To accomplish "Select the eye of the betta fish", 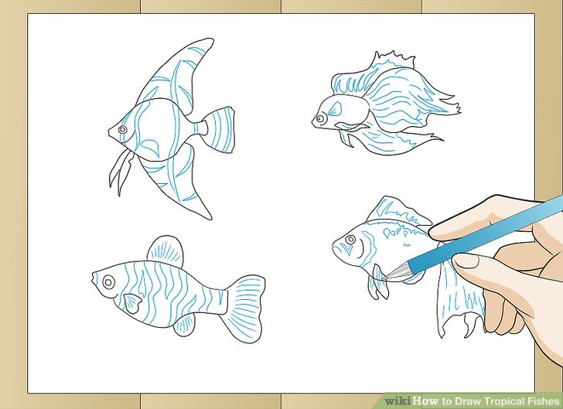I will pyautogui.click(x=319, y=119).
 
